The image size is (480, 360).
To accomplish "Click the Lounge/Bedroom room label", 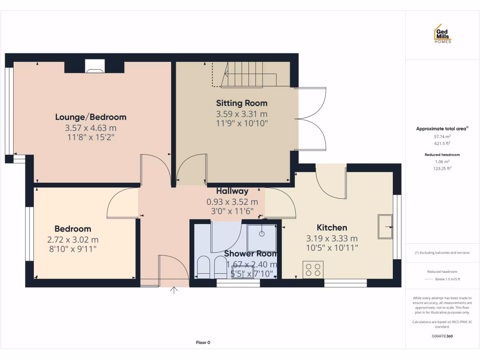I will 90,117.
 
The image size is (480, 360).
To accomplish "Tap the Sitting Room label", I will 241,103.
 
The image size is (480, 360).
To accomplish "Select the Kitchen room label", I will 332,227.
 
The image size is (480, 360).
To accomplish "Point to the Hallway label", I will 232,191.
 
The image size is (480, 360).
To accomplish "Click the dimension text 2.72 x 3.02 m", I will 73,240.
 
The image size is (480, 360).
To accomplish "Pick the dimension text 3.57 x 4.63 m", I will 90,127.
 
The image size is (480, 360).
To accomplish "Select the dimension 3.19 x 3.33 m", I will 332,238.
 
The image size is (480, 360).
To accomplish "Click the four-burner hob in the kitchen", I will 313,270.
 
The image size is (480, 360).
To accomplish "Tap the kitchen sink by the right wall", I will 385,226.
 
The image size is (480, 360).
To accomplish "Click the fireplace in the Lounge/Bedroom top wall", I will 95,67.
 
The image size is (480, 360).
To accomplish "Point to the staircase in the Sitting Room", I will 241,75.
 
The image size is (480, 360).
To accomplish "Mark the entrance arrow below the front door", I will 174,291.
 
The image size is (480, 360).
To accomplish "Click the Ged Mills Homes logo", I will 442,34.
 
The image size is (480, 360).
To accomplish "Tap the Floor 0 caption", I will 203,343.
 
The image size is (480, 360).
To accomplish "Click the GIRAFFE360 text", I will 442,336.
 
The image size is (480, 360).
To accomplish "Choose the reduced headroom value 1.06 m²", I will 442,161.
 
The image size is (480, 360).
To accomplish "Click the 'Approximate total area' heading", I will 442,128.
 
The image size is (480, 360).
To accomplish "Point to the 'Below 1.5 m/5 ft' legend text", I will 448,279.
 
